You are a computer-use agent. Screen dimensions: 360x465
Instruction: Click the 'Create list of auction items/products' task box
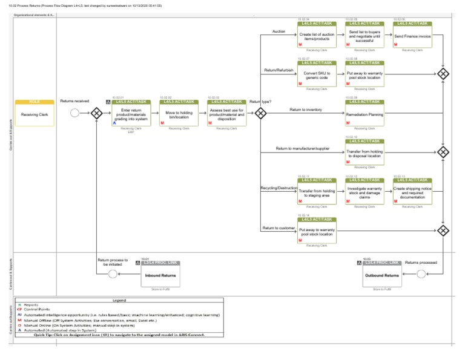317,36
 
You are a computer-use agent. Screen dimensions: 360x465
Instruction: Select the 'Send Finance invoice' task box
412,36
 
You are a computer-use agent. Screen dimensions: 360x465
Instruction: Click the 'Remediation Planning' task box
364,113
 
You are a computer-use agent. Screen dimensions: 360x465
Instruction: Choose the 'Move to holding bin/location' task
179,113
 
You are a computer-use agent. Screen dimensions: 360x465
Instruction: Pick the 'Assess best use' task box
226,113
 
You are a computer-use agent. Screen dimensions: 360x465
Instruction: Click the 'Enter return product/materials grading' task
131,113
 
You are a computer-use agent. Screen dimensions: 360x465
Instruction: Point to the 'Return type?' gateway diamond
260,113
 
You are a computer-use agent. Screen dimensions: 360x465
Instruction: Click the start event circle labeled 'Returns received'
75,113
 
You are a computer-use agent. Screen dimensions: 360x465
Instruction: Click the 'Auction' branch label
279,31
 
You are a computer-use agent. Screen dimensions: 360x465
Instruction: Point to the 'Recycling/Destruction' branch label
279,188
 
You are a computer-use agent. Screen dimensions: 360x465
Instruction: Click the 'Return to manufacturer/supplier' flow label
303,148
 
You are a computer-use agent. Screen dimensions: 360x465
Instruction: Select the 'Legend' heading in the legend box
119,300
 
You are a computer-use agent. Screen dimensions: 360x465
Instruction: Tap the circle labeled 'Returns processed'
421,274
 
